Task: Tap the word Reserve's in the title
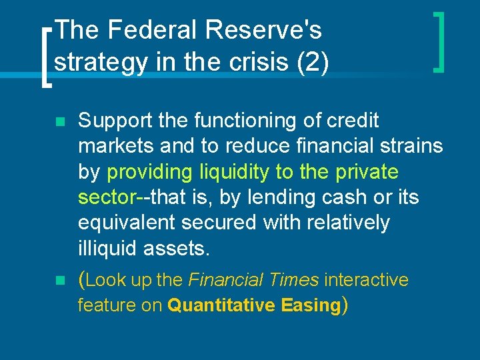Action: [264, 30]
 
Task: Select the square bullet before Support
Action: [59, 123]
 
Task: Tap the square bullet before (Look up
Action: [59, 282]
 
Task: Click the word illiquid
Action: [104, 248]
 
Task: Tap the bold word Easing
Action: [310, 305]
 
